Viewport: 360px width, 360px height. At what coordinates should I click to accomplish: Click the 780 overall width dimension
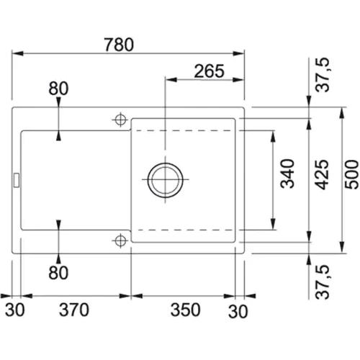(119, 45)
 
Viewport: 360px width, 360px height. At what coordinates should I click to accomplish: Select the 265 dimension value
(209, 71)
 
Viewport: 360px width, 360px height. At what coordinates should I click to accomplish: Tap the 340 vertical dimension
(287, 174)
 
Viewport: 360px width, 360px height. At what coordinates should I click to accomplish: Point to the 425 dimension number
(322, 174)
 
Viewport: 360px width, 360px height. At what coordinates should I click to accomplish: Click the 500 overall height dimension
(351, 174)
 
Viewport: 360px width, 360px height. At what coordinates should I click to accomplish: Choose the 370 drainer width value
(74, 310)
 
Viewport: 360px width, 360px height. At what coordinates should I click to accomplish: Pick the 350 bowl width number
(185, 310)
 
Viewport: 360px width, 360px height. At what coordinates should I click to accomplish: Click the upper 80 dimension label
(58, 89)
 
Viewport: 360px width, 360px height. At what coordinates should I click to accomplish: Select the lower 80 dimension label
(58, 273)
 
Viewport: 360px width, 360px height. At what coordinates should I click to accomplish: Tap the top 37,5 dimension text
(323, 75)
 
